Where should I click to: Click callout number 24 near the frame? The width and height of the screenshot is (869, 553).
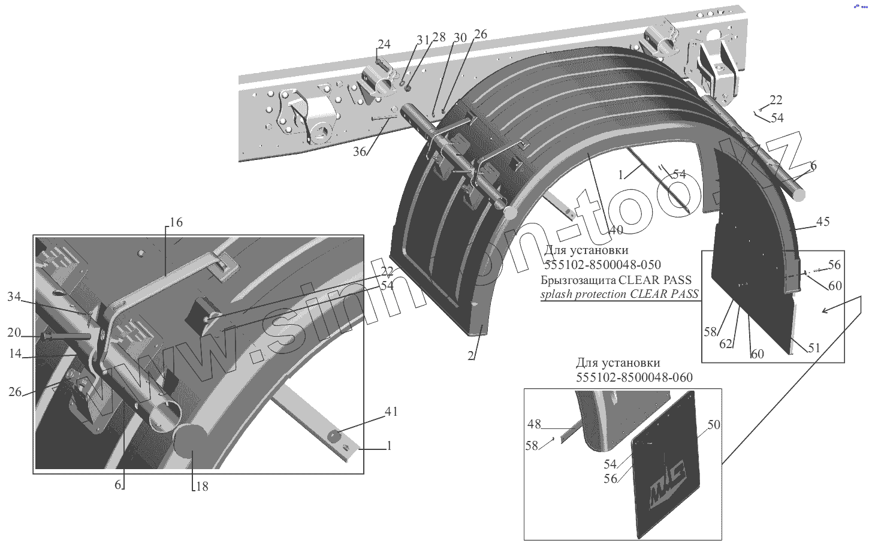(384, 44)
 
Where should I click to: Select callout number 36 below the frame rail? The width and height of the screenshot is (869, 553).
(359, 152)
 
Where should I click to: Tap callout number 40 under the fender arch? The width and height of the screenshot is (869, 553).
(615, 230)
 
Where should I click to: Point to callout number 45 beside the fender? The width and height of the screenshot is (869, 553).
(823, 222)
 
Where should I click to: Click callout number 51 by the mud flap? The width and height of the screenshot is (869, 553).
(813, 348)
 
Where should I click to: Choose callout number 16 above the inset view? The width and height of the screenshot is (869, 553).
(176, 222)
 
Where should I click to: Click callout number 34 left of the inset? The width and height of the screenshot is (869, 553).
(14, 296)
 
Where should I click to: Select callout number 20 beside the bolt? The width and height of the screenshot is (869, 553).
(14, 333)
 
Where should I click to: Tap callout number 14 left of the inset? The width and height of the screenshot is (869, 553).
(15, 353)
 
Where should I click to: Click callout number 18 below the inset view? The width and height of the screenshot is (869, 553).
(202, 486)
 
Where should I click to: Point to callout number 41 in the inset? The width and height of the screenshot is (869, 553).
(391, 412)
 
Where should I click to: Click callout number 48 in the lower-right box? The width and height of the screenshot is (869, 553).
(534, 424)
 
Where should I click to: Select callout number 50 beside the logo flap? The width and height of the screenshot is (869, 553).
(714, 425)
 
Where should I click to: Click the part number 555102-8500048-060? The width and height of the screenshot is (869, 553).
(634, 377)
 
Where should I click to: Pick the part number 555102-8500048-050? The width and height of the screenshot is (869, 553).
(603, 265)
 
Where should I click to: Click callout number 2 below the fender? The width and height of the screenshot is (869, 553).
(471, 356)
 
